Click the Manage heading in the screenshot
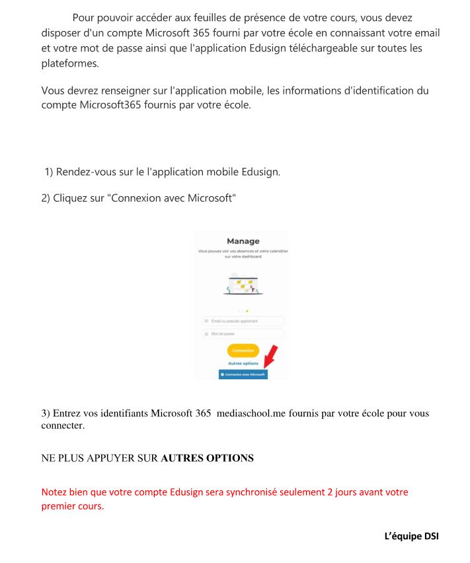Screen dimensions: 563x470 point(243,241)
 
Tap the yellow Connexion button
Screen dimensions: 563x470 point(243,350)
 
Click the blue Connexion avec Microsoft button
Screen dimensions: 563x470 point(243,374)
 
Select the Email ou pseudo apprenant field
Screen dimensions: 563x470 point(243,321)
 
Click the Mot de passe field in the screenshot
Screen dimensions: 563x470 point(243,334)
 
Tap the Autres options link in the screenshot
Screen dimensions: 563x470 point(243,363)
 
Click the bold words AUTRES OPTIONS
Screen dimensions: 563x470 point(207,457)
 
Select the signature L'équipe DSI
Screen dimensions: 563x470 point(411,536)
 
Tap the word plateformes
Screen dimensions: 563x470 point(69,63)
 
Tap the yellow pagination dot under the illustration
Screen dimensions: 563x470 point(247,311)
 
